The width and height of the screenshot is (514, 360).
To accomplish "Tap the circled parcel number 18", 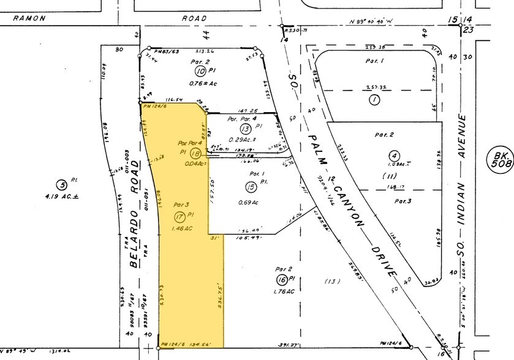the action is pyautogui.click(x=196, y=154).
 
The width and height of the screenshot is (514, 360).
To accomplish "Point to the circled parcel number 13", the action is pyautogui.click(x=246, y=129).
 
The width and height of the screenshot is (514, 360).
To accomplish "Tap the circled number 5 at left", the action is pyautogui.click(x=61, y=185).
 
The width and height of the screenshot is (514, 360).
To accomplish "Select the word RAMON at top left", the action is pyautogui.click(x=29, y=18).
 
